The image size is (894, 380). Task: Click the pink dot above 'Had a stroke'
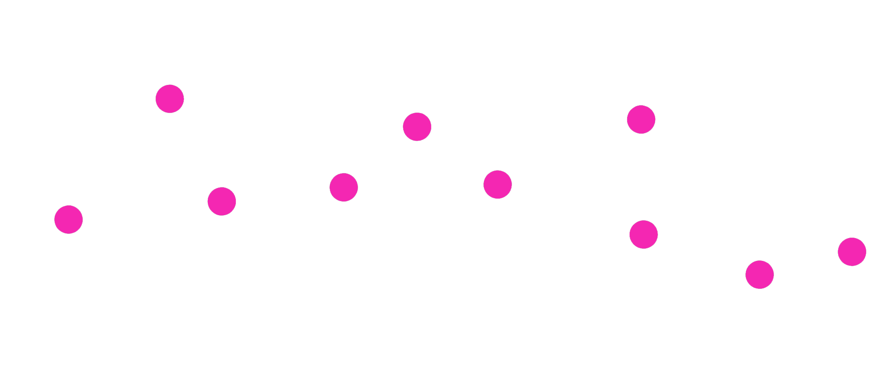click(x=170, y=99)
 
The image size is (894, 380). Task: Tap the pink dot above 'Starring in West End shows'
click(x=69, y=219)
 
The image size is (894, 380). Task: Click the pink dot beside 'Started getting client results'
click(x=641, y=119)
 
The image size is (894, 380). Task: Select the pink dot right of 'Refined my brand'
click(x=759, y=275)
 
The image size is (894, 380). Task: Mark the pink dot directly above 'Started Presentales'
click(x=497, y=184)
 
